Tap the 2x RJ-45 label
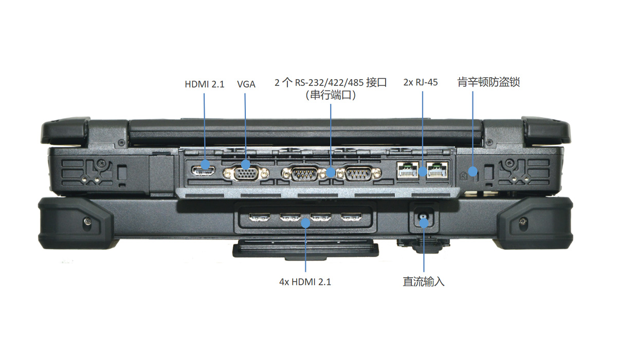[421, 82]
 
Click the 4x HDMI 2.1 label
[305, 282]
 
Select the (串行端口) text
[331, 95]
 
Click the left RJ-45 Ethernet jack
[407, 169]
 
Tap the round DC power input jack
[423, 221]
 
